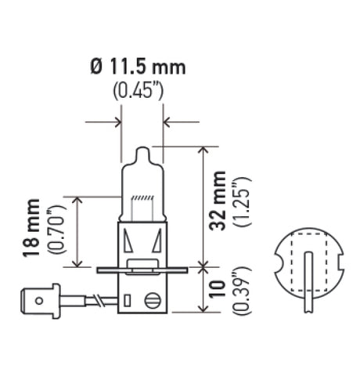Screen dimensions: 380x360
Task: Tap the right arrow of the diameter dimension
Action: tap(171, 121)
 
